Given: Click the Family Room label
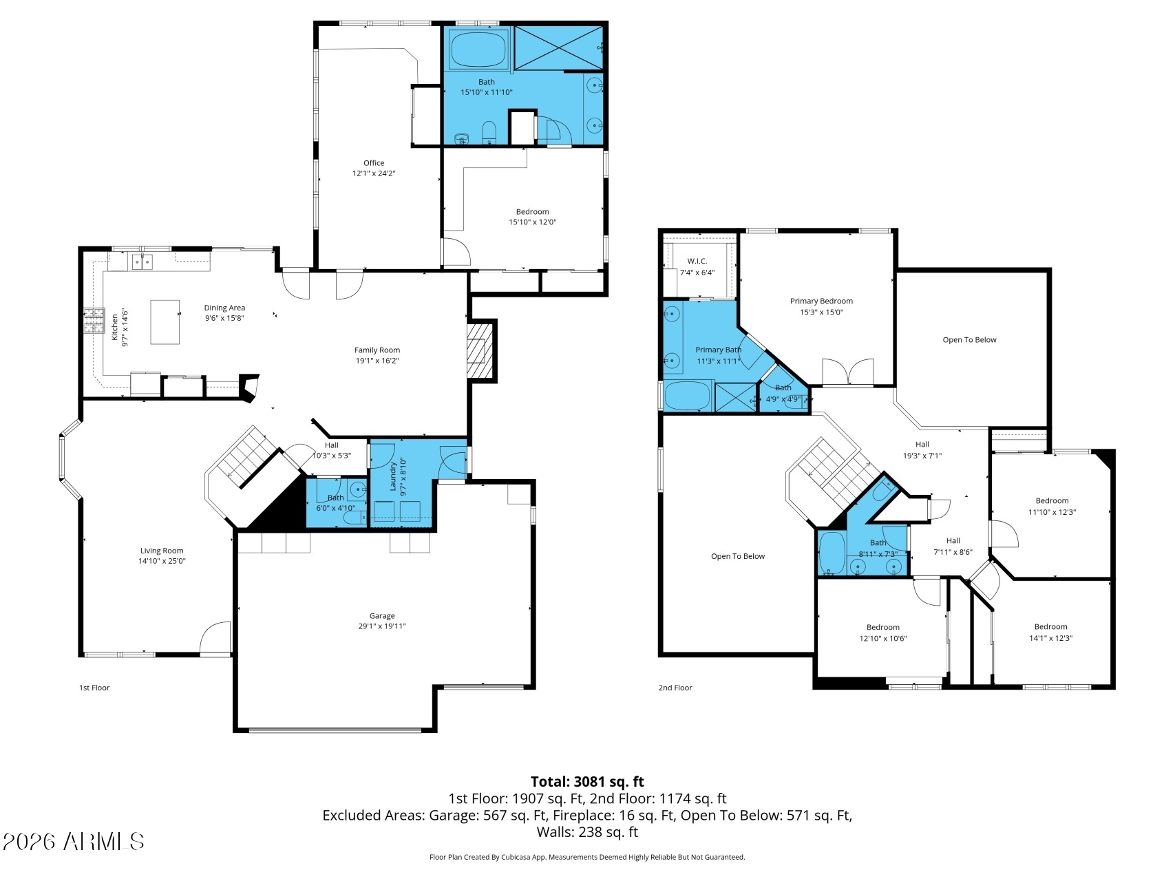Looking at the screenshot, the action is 377,350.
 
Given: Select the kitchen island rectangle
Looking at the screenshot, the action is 165,321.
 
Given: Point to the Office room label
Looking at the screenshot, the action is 374,163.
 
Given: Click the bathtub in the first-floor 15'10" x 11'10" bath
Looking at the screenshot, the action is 478,49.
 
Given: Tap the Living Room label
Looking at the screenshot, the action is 162,551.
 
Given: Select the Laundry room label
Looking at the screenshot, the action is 393,476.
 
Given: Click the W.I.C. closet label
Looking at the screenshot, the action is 697,262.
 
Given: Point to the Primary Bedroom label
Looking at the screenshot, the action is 821,301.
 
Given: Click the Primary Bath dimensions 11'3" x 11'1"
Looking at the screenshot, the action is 719,361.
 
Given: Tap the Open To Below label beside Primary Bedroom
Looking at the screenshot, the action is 969,340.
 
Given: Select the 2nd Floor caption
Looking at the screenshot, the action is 675,688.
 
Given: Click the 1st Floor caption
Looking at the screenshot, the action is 94,688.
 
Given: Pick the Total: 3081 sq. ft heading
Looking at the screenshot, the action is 587,782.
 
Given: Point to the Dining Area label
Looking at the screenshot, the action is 224,308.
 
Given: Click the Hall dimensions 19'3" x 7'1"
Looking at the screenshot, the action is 922,456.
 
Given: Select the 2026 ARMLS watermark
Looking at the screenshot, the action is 74,841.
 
